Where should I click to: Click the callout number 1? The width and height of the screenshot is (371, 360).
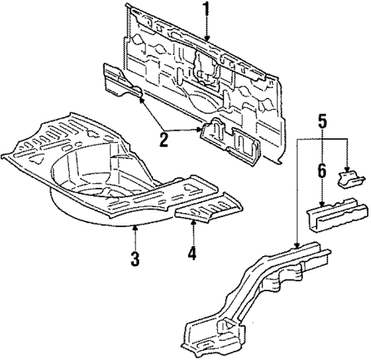[206, 10]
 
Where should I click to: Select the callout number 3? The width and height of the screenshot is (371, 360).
[135, 258]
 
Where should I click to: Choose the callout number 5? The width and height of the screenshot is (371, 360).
[322, 120]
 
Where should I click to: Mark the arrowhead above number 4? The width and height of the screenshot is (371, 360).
[192, 222]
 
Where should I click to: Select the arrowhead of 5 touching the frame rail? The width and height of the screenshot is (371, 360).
[298, 246]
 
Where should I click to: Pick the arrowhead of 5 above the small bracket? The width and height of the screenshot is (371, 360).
[347, 170]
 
